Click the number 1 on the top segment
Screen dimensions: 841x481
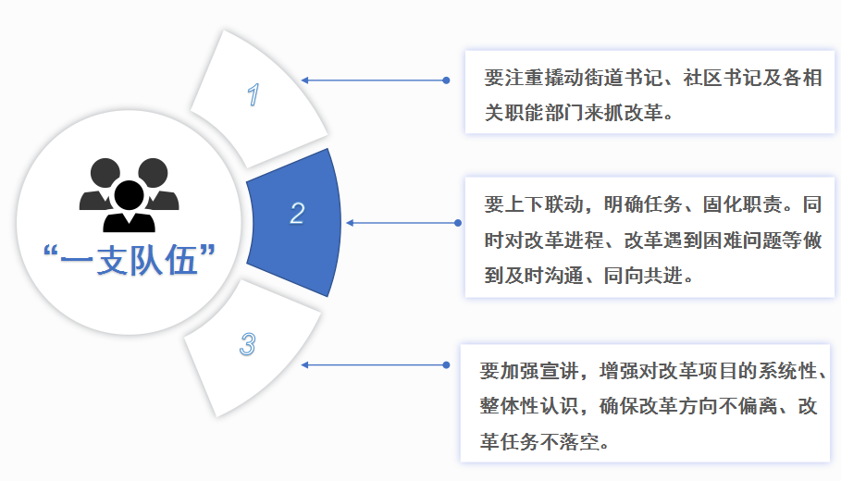coord(254,94)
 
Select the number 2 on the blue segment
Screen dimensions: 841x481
coord(297,213)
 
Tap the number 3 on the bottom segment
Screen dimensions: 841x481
coord(247,344)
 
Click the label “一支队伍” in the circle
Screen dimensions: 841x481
coord(130,260)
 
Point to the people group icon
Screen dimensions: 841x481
coord(130,194)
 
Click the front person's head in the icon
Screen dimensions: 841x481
coord(130,195)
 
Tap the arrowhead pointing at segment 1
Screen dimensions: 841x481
coord(304,80)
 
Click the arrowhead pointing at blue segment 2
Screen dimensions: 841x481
coord(350,223)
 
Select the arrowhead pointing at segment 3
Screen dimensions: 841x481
coord(304,364)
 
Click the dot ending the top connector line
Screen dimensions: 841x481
coord(446,80)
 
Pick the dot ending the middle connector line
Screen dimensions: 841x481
coord(458,223)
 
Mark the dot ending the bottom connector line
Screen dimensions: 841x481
coord(446,364)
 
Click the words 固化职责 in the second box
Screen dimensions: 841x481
coord(742,204)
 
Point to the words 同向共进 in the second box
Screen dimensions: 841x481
coord(644,276)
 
